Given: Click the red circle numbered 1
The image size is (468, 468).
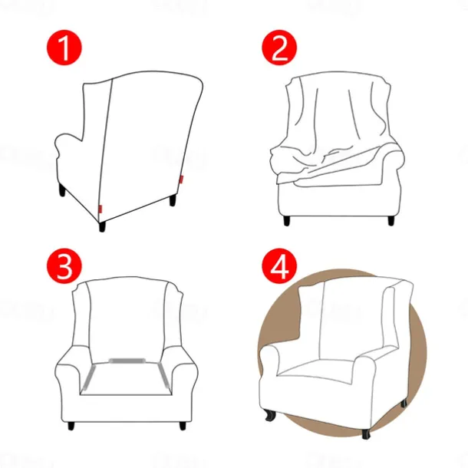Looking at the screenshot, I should (x=66, y=48).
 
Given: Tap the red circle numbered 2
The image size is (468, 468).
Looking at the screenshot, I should (x=278, y=48).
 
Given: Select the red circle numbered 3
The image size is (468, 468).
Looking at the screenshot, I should (x=66, y=266).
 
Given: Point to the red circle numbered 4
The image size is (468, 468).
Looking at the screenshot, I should (x=278, y=266).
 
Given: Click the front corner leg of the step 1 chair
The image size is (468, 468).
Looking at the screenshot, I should (x=101, y=226).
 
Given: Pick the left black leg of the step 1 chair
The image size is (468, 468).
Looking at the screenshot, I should (x=61, y=190).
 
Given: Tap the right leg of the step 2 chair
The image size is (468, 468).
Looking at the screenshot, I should (x=391, y=219).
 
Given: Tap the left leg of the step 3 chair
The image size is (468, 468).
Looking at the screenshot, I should (x=71, y=424).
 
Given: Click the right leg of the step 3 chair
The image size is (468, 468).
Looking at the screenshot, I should (x=182, y=424).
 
